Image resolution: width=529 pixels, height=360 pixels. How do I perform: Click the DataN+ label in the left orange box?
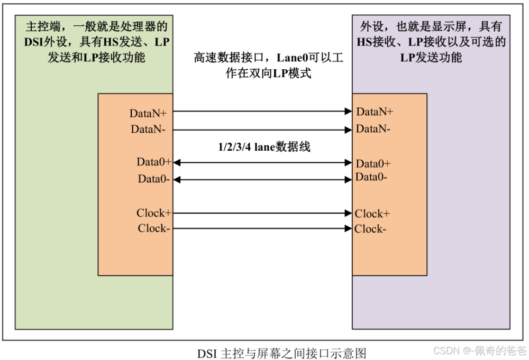(x=148, y=114)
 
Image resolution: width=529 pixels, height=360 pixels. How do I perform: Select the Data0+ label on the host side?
(x=153, y=162)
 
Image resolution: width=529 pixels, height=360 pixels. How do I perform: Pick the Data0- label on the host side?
(x=153, y=179)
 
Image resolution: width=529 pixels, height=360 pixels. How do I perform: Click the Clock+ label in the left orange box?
(x=154, y=213)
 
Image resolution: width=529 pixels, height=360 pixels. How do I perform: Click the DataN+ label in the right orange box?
(x=375, y=112)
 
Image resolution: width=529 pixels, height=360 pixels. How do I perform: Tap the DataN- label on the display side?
(x=373, y=128)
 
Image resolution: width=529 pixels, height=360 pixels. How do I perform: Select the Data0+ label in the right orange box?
(x=373, y=163)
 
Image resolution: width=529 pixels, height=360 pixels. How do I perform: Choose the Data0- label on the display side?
(x=371, y=177)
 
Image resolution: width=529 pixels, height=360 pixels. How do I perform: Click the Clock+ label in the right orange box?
(x=372, y=214)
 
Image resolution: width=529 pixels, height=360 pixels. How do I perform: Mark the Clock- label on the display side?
(x=370, y=229)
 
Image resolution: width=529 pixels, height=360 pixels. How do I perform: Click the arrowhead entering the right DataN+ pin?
(x=348, y=111)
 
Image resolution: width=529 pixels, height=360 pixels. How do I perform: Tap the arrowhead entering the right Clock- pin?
(x=348, y=228)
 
